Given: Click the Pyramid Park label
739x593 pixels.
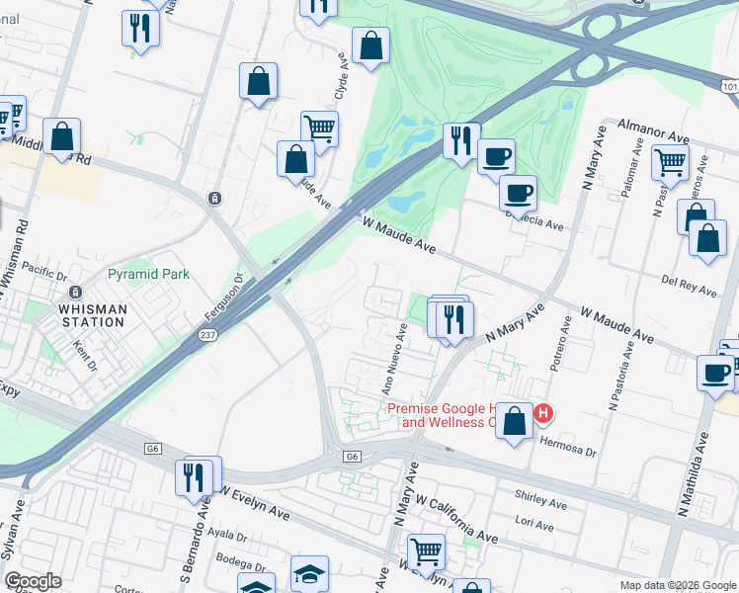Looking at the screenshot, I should [148, 273].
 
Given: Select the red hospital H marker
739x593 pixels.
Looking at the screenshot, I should [542, 412].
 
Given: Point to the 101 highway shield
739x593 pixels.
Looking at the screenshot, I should [729, 88].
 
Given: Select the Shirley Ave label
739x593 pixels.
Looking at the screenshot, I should [540, 502].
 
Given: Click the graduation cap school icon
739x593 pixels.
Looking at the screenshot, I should [309, 573].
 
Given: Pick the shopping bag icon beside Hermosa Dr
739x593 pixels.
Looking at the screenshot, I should [514, 421].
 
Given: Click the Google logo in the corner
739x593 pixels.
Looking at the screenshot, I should [33, 581].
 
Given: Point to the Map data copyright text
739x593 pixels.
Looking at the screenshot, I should [677, 585].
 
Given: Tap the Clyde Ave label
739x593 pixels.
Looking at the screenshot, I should [343, 75].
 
